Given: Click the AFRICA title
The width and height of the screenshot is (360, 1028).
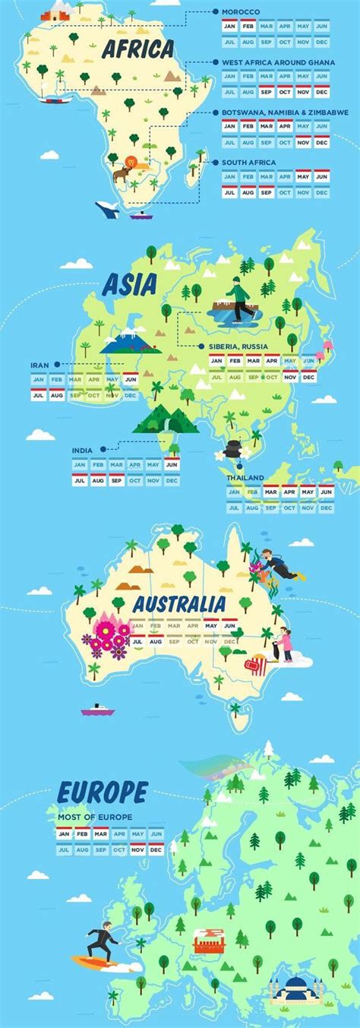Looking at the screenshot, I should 138,49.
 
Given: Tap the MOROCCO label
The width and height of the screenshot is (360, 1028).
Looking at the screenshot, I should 241,12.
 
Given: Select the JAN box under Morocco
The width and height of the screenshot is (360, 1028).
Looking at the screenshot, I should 231,26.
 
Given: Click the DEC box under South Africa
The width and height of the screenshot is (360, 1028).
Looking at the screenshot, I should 322,192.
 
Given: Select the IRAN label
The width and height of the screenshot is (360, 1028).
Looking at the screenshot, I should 39,365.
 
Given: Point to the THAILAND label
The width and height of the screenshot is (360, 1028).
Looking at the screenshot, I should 245,478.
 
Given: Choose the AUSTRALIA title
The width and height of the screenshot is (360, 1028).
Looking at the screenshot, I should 179,604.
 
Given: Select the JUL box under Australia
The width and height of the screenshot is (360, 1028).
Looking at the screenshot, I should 137,641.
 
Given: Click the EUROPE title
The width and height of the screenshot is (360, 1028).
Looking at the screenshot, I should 103,792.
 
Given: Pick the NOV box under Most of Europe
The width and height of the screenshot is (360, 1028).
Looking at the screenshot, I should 137,849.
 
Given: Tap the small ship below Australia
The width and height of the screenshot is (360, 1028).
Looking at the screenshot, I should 98,709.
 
